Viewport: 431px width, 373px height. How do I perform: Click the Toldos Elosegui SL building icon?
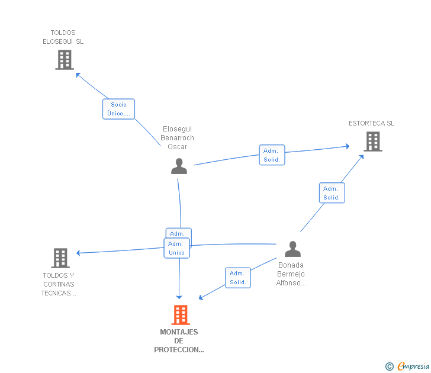tap(65, 60)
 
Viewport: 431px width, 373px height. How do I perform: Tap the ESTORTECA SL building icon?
tap(373, 142)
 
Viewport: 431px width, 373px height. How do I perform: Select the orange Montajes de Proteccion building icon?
tap(181, 315)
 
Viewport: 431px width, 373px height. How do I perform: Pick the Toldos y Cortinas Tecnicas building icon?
tap(60, 258)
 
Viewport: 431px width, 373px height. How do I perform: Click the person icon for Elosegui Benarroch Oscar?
tap(179, 166)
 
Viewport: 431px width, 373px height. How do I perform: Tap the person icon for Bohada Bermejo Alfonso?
tap(292, 249)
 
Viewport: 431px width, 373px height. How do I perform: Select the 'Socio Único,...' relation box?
tap(119, 109)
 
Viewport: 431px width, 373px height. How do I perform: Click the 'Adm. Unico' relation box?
tap(176, 248)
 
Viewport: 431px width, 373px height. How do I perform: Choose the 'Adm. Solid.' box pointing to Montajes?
tap(238, 278)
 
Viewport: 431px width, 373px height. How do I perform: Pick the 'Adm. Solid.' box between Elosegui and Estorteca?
tap(272, 155)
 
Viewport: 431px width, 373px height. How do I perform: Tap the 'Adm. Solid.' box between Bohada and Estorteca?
tap(332, 193)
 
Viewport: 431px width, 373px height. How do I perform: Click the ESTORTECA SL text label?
tap(371, 123)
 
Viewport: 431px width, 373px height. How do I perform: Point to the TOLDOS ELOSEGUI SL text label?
tap(63, 37)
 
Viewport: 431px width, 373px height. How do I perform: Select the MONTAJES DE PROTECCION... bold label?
tap(179, 341)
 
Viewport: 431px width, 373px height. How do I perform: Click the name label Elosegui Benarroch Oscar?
tap(177, 138)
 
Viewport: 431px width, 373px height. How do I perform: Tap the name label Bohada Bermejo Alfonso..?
tap(291, 274)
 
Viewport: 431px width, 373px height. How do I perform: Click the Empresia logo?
tap(407, 366)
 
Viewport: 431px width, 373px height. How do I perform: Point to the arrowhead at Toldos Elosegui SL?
tap(78, 75)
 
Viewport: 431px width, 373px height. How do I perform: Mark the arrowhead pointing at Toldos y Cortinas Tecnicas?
tap(78, 253)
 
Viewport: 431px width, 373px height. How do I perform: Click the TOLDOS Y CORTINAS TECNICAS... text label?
tap(59, 284)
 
